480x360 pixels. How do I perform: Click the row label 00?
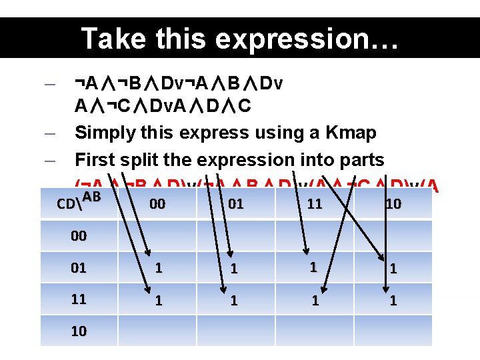pos(79,236)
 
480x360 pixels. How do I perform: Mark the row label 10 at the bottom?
pos(79,331)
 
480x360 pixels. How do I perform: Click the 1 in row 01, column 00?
pos(158,268)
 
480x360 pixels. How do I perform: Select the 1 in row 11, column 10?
pos(393,300)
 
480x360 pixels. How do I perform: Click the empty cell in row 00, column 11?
pos(315,236)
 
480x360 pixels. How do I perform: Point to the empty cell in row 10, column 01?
pos(235,331)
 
